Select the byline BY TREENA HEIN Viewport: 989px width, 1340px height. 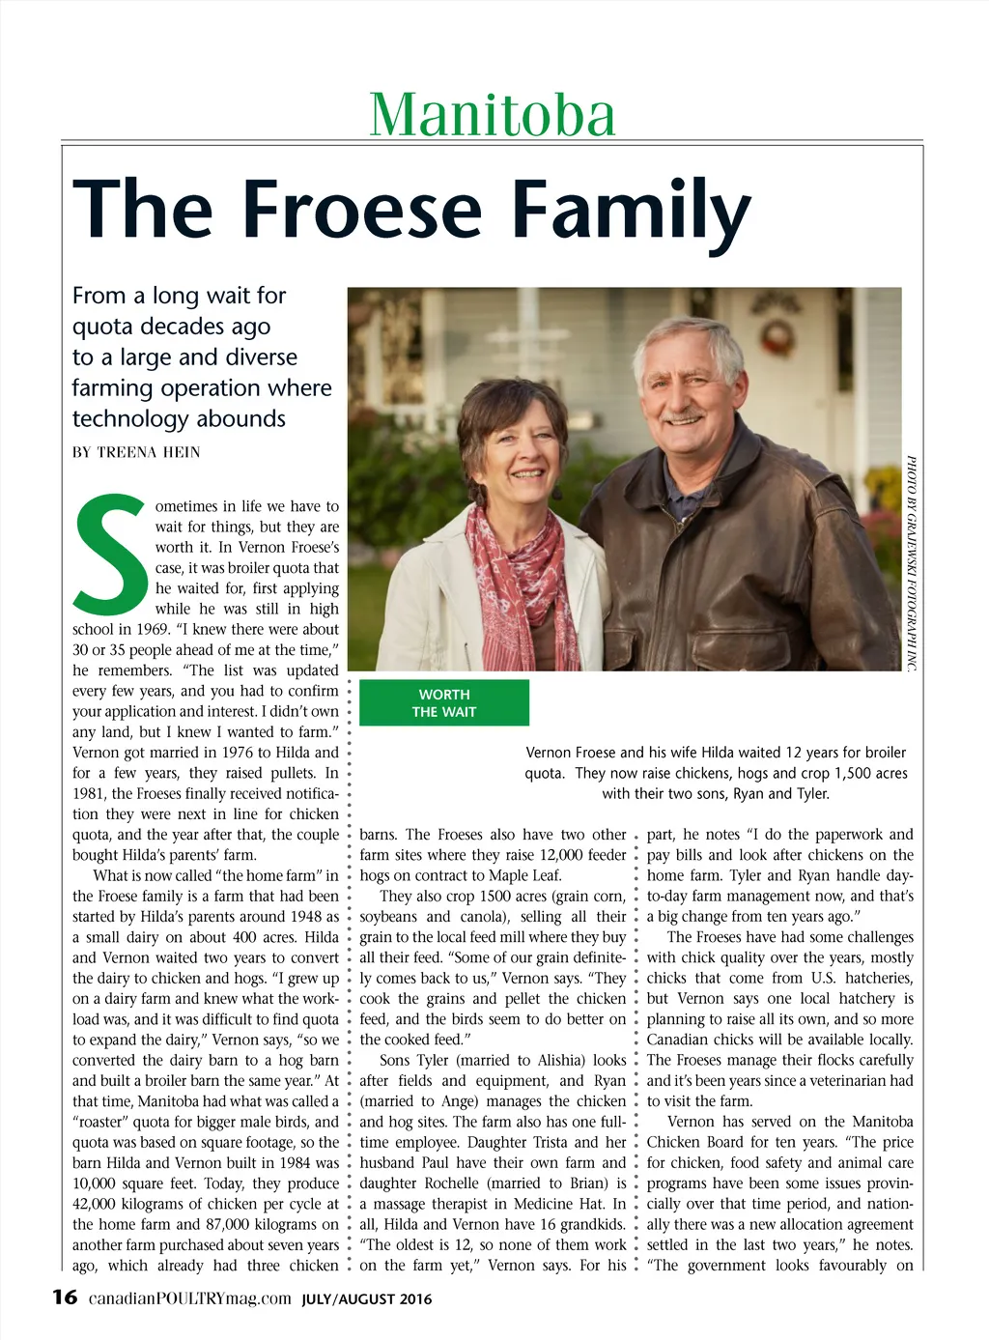tap(136, 452)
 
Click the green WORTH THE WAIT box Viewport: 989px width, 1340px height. tap(444, 702)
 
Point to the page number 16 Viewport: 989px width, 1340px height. tap(65, 1297)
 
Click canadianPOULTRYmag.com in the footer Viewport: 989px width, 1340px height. tap(189, 1298)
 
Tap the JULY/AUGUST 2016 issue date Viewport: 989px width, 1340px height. tap(367, 1299)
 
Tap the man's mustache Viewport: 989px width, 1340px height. tap(684, 416)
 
